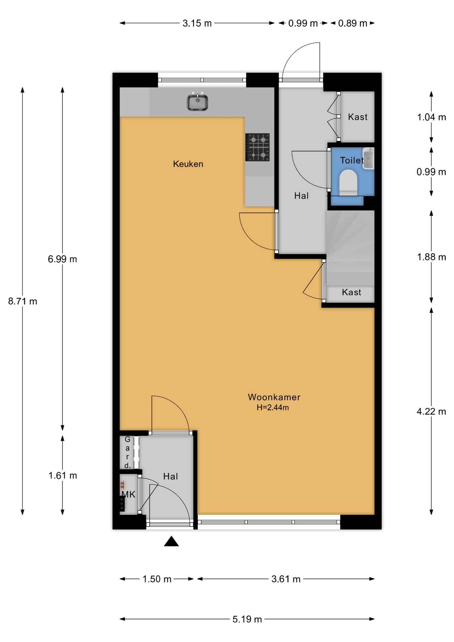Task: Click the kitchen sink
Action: tap(197, 101)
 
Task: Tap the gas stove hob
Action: tap(257, 147)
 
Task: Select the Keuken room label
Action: tap(188, 164)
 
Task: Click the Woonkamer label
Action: tap(274, 397)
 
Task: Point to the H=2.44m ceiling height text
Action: tap(273, 408)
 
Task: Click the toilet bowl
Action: tap(348, 182)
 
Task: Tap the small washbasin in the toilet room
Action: tap(369, 158)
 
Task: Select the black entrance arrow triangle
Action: tap(171, 541)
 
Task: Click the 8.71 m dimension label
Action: tap(23, 301)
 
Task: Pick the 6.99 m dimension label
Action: tap(63, 259)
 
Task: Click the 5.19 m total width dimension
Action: tap(247, 619)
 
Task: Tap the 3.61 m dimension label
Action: tap(286, 579)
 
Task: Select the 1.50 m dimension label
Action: tap(157, 579)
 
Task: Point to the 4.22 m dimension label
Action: tap(431, 412)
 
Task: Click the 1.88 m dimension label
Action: tap(431, 257)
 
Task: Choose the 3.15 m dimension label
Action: tap(197, 23)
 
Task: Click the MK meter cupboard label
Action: tap(128, 495)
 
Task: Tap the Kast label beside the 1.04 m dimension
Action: tap(358, 117)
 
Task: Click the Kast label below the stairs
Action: tap(352, 293)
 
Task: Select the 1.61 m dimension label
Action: tap(63, 475)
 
